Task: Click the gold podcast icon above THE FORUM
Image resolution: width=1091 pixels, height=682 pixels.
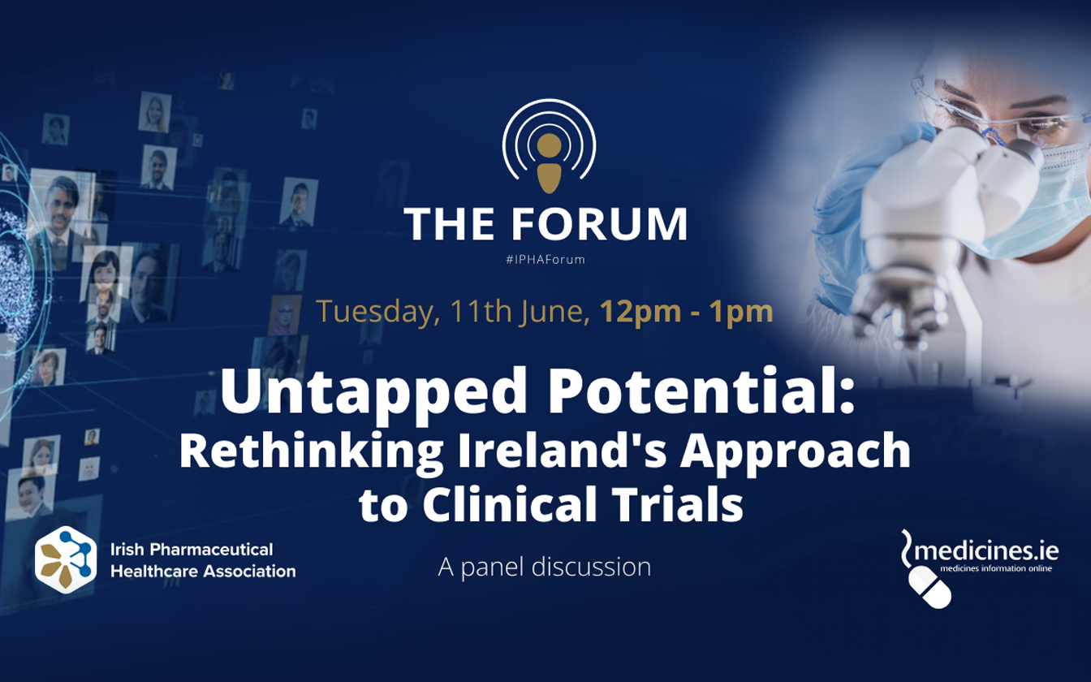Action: coord(549,162)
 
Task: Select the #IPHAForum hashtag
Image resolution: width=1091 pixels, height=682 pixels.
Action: coord(545,260)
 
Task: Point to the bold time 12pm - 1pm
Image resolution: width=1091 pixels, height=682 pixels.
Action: coord(686,312)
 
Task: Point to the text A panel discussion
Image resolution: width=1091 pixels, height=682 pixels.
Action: coord(545,567)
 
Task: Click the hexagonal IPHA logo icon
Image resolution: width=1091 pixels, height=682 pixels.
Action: coord(66,560)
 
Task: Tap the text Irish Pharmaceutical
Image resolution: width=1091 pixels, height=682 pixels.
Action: coord(192,550)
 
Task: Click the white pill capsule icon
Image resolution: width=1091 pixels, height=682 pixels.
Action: coord(929,587)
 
